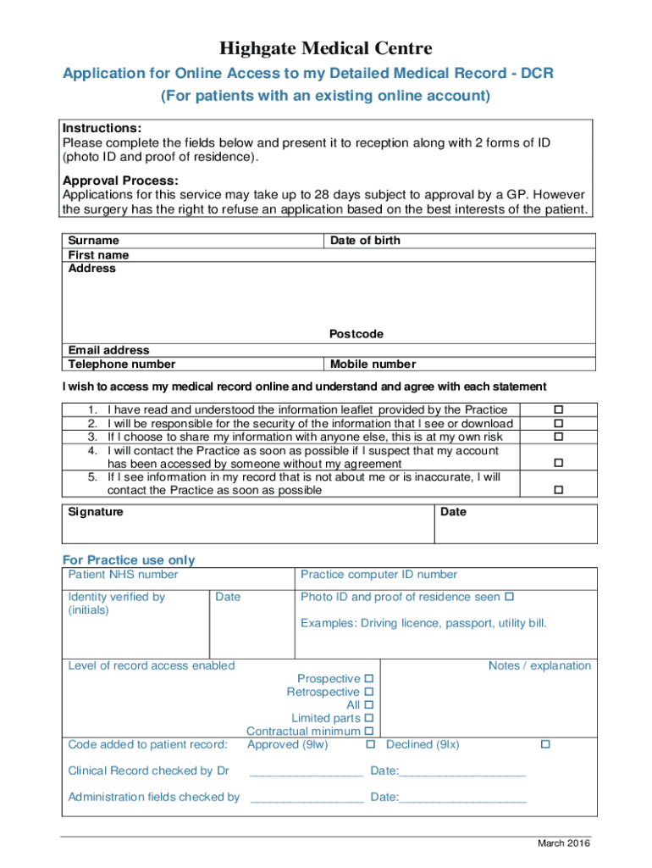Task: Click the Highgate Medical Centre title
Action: point(326,48)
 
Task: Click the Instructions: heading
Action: point(102,128)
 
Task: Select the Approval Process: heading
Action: point(120,181)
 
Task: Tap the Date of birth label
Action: point(365,241)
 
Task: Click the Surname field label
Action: point(93,241)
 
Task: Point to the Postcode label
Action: point(356,334)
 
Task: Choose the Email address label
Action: point(108,350)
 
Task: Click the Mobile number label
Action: point(373,364)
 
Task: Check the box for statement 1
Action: point(558,410)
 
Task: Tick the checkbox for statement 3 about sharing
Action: point(558,437)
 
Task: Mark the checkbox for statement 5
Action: point(558,490)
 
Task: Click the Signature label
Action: point(95,512)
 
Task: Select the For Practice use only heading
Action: point(129,559)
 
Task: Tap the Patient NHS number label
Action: point(123,575)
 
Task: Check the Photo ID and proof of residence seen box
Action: point(509,597)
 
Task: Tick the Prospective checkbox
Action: point(369,679)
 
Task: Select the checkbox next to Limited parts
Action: point(369,718)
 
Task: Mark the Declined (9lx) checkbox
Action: point(545,744)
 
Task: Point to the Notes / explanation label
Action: point(539,665)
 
